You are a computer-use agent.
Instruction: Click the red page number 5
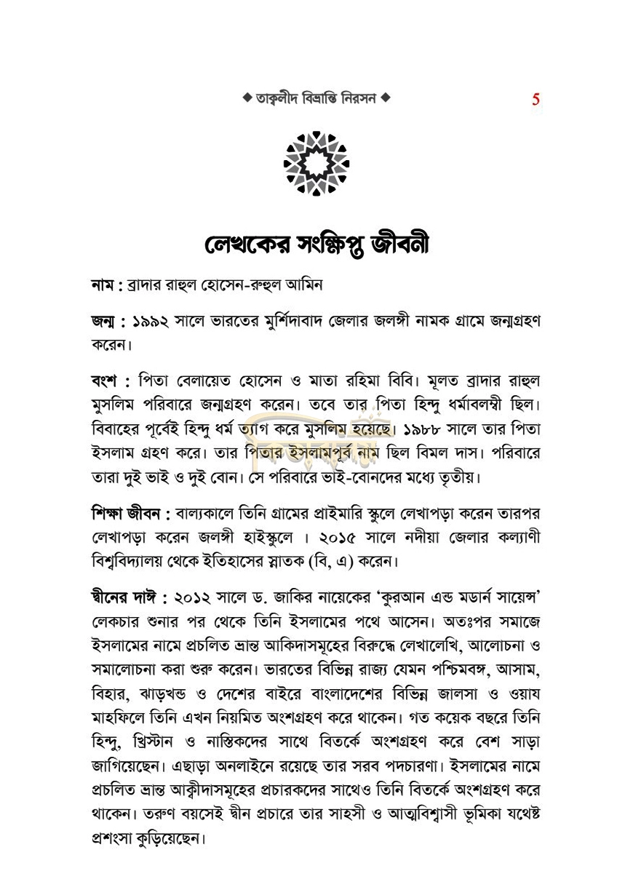click(536, 100)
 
